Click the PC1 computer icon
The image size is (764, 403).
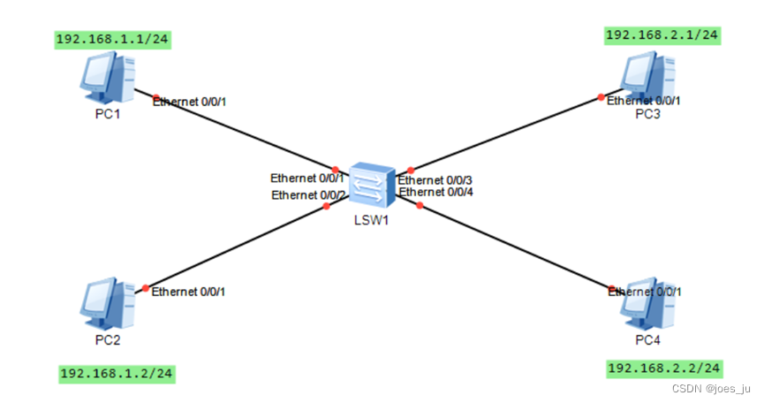[x=107, y=78]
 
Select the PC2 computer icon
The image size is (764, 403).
[x=107, y=303]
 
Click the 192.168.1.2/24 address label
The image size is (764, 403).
[x=117, y=373]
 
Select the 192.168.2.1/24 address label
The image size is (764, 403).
[x=662, y=35]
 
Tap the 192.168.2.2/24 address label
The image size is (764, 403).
[x=664, y=368]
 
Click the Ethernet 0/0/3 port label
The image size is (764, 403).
[x=435, y=180]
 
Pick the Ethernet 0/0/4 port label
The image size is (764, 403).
[x=435, y=192]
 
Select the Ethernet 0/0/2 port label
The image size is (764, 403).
[x=308, y=194]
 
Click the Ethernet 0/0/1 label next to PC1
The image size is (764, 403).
[x=190, y=103]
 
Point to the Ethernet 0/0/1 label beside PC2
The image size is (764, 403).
[x=189, y=292]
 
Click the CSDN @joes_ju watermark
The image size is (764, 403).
[x=710, y=388]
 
